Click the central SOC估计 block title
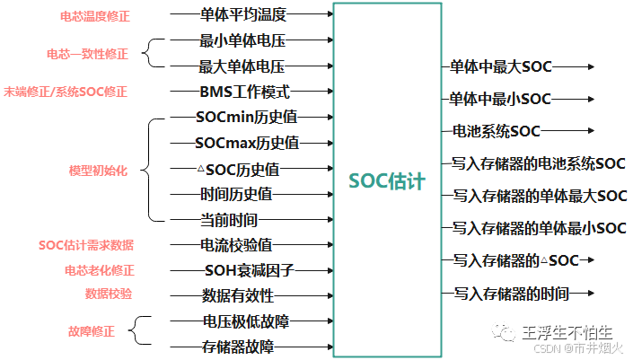tap(387, 180)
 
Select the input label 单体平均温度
tap(242, 14)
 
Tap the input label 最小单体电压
tap(242, 40)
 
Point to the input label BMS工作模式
tap(244, 92)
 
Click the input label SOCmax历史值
tap(247, 143)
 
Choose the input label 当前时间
tap(229, 219)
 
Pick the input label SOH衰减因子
tap(251, 269)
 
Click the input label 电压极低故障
tap(245, 320)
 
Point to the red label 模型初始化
tap(98, 171)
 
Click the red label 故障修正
tap(91, 331)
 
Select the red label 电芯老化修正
tap(99, 269)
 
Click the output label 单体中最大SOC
tap(501, 66)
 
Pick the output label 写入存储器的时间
tap(511, 293)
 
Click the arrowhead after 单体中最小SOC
tap(589, 99)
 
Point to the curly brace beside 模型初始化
tap(149, 169)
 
